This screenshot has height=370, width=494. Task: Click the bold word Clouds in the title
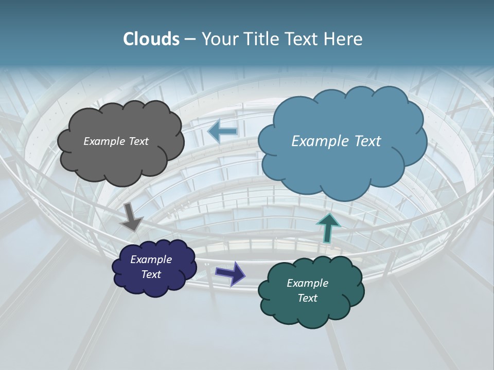pos(151,39)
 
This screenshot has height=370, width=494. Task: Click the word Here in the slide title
pos(343,39)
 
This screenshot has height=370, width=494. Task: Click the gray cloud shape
pos(120,159)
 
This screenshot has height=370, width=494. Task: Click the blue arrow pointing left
pos(222,132)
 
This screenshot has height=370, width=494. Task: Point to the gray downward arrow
pos(131,216)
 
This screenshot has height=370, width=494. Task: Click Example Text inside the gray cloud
pos(116,141)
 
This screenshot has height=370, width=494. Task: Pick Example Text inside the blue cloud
pos(336,141)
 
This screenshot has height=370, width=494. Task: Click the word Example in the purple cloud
pos(151,260)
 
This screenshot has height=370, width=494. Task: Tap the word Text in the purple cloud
pos(151,274)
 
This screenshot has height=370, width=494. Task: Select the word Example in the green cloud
pos(307,283)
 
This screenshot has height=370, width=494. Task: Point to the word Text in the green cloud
pos(307,298)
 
